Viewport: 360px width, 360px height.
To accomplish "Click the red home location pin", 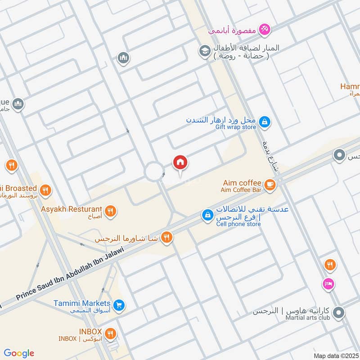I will (x=180, y=162).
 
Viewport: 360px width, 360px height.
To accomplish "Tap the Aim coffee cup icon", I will (x=270, y=184).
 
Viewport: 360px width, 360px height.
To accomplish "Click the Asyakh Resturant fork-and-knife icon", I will (x=110, y=210).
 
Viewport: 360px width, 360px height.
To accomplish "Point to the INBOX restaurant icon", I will (x=110, y=333).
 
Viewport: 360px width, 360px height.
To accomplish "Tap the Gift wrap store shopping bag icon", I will (x=265, y=121).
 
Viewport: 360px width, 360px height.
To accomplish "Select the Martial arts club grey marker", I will (x=339, y=312).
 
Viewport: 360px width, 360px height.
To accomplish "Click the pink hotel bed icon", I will (x=328, y=284).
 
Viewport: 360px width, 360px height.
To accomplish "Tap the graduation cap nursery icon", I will (x=205, y=51).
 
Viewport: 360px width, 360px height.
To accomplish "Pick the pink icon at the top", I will (x=265, y=30).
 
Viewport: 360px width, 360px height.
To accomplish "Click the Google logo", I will (x=19, y=353).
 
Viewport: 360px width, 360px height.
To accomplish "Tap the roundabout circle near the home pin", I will (x=154, y=172).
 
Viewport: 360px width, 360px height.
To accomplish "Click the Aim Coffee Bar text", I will (x=241, y=190).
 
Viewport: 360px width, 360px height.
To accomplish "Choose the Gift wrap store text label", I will (x=235, y=127).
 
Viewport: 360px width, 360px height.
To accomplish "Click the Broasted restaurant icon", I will (x=45, y=190).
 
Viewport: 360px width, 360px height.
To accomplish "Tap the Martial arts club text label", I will (x=301, y=318).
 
